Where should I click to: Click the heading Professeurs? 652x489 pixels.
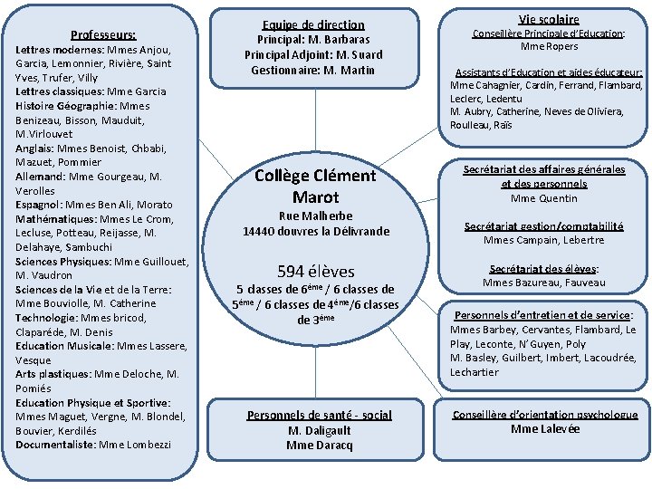[103, 34]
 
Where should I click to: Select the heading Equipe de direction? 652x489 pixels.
[313, 25]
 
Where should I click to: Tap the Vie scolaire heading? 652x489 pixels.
[549, 19]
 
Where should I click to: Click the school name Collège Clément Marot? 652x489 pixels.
[315, 186]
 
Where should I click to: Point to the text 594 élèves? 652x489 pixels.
[315, 271]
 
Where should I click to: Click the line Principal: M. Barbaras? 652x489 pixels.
[313, 40]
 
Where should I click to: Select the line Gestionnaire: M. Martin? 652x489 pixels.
[313, 70]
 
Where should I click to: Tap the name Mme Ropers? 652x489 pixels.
[549, 46]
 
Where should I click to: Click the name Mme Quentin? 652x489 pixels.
[544, 198]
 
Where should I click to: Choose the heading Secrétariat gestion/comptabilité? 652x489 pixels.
[543, 225]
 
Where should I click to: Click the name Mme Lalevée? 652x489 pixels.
[545, 428]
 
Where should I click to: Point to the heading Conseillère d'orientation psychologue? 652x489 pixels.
[545, 415]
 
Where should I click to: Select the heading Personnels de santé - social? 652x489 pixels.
[320, 416]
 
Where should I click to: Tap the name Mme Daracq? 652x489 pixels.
[320, 445]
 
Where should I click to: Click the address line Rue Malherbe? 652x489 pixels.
[315, 216]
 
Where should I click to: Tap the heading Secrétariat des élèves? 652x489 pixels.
[543, 269]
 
